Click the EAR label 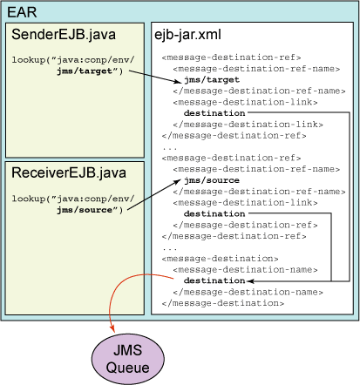(22, 12)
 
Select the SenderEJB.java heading (64, 34)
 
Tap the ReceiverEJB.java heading (69, 172)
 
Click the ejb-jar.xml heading (187, 35)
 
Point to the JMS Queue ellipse (128, 359)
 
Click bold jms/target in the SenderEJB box (85, 71)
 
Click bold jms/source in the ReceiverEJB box (85, 210)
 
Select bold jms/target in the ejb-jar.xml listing (212, 79)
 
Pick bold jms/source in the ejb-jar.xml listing (212, 180)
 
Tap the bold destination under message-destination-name (214, 280)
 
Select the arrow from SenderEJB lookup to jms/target (155, 77)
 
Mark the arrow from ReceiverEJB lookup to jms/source (154, 194)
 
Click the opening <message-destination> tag (220, 259)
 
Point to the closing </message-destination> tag (223, 303)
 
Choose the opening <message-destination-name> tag (245, 270)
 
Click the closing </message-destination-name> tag (248, 292)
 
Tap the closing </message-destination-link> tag (248, 125)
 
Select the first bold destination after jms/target (214, 112)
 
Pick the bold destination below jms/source (214, 213)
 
